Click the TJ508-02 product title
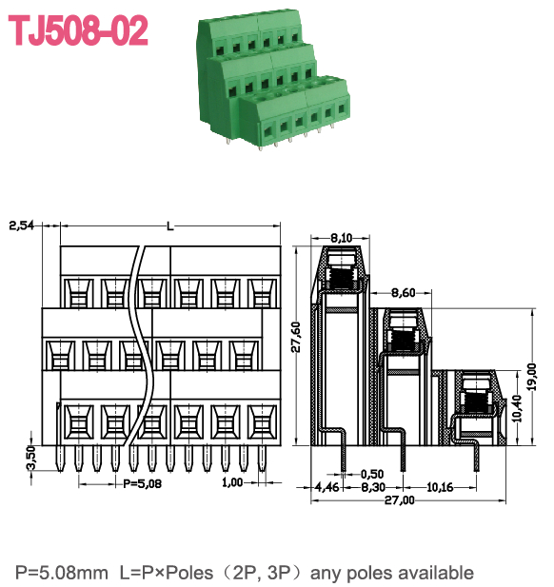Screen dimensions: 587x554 pyautogui.click(x=79, y=31)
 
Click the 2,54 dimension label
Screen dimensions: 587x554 pyautogui.click(x=22, y=225)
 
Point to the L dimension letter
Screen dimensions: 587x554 pyautogui.click(x=169, y=225)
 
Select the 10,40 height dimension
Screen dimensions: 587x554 pyautogui.click(x=518, y=410)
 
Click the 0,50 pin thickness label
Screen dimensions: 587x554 pyautogui.click(x=374, y=474)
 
